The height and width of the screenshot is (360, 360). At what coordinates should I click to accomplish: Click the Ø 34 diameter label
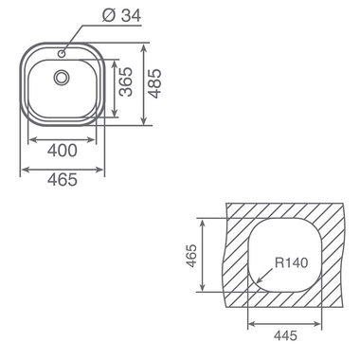(122, 15)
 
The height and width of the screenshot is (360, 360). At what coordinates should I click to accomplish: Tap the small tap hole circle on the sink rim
(62, 54)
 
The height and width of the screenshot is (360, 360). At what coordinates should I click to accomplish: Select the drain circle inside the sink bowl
(61, 77)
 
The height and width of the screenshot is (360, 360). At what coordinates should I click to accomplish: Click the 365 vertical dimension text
(126, 81)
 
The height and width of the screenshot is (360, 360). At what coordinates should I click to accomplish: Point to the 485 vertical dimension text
(154, 83)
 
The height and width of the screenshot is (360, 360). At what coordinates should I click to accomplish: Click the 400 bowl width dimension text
(63, 151)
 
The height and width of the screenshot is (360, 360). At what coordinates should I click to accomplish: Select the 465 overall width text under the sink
(63, 180)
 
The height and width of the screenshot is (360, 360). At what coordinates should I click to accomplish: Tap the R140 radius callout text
(291, 262)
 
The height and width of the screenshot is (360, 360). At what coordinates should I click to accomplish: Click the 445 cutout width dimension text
(285, 335)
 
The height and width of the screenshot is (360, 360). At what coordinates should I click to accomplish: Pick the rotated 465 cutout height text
(191, 256)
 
